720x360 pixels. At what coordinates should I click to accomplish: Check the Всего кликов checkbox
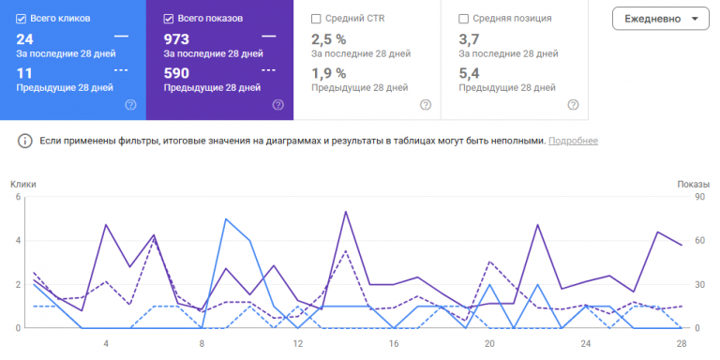21,19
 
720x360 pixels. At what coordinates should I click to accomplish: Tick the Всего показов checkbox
168,19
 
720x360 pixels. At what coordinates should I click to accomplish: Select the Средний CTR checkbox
316,19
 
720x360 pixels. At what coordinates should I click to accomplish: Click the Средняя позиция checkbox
464,19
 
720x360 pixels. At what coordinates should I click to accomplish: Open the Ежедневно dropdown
661,19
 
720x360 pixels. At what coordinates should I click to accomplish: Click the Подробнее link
573,141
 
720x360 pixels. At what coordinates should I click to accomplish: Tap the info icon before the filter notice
24,141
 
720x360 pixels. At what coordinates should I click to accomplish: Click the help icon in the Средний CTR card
426,105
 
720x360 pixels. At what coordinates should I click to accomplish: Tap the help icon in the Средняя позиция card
573,105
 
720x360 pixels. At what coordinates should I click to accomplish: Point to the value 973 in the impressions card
176,39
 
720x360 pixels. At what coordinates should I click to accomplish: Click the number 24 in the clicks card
24,39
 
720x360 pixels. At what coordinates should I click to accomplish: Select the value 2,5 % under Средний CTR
329,39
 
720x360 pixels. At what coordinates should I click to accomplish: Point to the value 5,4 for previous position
469,73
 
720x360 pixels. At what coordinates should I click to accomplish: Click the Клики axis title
23,184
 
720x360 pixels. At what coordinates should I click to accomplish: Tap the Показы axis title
694,184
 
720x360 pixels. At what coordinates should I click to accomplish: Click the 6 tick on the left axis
18,197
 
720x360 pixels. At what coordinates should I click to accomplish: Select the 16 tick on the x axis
394,343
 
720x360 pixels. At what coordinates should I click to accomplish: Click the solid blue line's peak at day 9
226,218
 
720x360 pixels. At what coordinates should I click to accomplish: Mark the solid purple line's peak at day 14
346,212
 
